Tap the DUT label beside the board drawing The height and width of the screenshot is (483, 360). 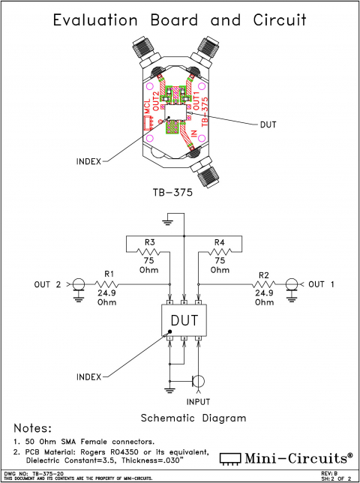(x=268, y=124)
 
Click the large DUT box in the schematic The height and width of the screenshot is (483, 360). (x=184, y=320)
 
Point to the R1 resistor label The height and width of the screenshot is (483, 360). (x=109, y=274)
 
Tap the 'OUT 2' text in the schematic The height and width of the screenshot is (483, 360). (x=48, y=284)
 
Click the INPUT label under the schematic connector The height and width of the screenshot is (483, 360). (x=199, y=401)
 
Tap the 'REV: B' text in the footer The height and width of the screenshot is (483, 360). (x=329, y=473)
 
